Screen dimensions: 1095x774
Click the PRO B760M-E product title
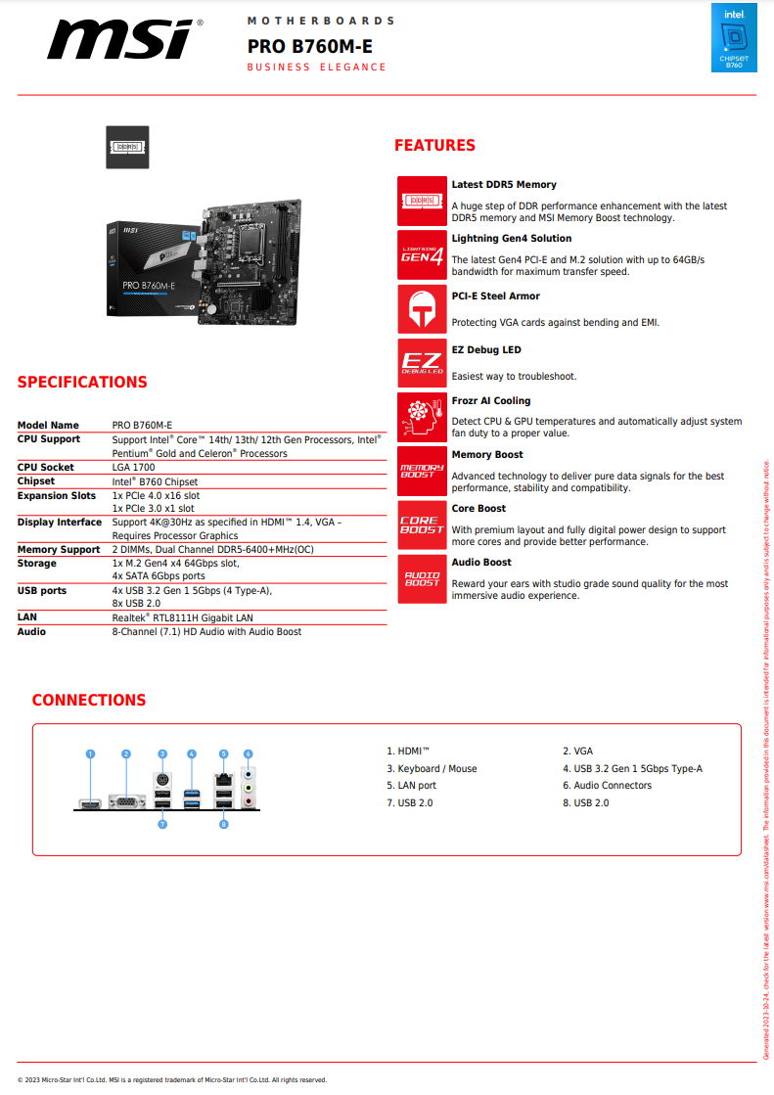pos(309,46)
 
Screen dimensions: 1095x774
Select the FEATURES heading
pos(434,146)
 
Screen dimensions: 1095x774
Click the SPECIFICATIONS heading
pos(82,383)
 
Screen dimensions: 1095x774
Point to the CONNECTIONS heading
pos(88,701)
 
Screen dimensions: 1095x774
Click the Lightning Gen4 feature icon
pos(422,255)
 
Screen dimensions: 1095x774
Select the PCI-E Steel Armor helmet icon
pos(422,309)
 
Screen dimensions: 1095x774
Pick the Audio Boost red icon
pos(422,577)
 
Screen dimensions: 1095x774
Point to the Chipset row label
pos(36,481)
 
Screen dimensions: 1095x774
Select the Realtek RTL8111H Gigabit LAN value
pos(182,617)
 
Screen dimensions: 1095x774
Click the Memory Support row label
pos(59,550)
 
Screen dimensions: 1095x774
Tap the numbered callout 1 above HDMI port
pos(90,754)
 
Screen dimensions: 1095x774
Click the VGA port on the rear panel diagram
pos(126,803)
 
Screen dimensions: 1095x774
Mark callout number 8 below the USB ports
pos(224,825)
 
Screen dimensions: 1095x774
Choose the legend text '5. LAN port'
pos(411,786)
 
